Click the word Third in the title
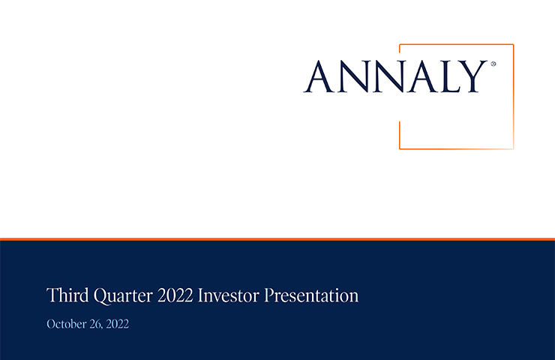[x=67, y=295]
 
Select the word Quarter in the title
[x=123, y=296]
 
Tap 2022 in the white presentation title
[x=175, y=295]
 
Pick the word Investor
[x=229, y=295]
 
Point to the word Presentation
[x=311, y=296]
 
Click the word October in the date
[x=67, y=324]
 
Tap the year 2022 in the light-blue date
[x=118, y=324]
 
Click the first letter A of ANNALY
[x=319, y=76]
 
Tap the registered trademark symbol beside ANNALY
[x=493, y=64]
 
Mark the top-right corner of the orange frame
[x=513, y=44]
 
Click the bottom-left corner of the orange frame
[x=400, y=148]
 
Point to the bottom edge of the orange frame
[x=457, y=148]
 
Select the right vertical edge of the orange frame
[x=513, y=96]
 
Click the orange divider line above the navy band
[x=277, y=239]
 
